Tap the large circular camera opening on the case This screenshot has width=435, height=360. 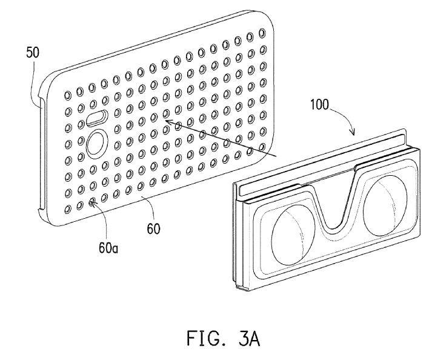pyautogui.click(x=96, y=144)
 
